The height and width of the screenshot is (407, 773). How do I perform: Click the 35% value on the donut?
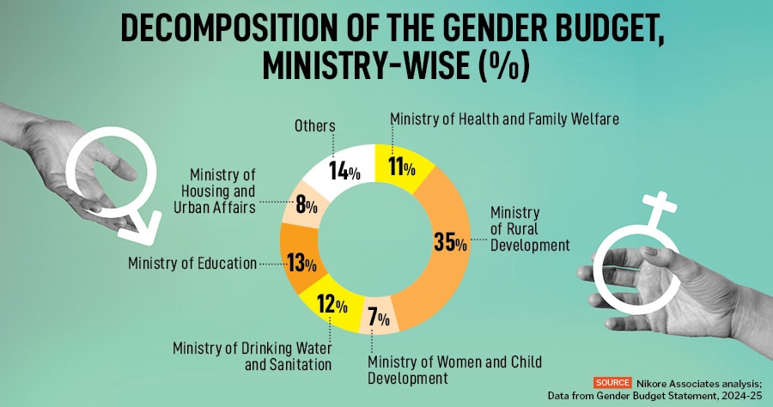[x=449, y=243]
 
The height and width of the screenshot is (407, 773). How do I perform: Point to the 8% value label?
[x=307, y=205]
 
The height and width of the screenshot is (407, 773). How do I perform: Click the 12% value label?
[x=330, y=304]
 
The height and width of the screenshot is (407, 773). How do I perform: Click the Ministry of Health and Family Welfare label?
[x=504, y=119]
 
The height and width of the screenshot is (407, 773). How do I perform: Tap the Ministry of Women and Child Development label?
[x=455, y=369]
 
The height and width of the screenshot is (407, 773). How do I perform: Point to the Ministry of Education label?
[x=192, y=264]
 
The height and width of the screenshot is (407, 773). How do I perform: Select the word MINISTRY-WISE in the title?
[x=349, y=66]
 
